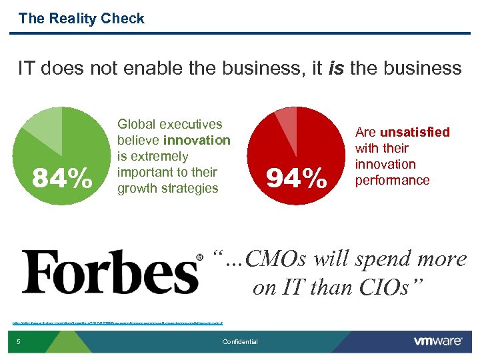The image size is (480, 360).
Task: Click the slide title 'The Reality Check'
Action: coord(81,19)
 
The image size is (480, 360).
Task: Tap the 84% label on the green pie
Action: coord(63,178)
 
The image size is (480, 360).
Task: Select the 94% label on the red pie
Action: coord(297,178)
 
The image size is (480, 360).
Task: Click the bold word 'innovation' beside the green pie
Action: coord(197,140)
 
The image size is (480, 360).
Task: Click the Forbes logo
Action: coord(110,272)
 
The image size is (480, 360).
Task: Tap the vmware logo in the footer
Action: coord(437,341)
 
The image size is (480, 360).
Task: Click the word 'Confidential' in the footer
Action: coord(240,342)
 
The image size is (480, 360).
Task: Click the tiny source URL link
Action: coord(117,323)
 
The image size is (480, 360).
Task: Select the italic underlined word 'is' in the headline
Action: coord(336,68)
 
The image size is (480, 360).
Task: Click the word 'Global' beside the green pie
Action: coord(137,124)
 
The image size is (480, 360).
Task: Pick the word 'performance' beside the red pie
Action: coord(392,180)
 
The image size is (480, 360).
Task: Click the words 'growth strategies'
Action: coord(167,188)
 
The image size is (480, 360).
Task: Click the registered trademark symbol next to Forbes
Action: coord(199,257)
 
